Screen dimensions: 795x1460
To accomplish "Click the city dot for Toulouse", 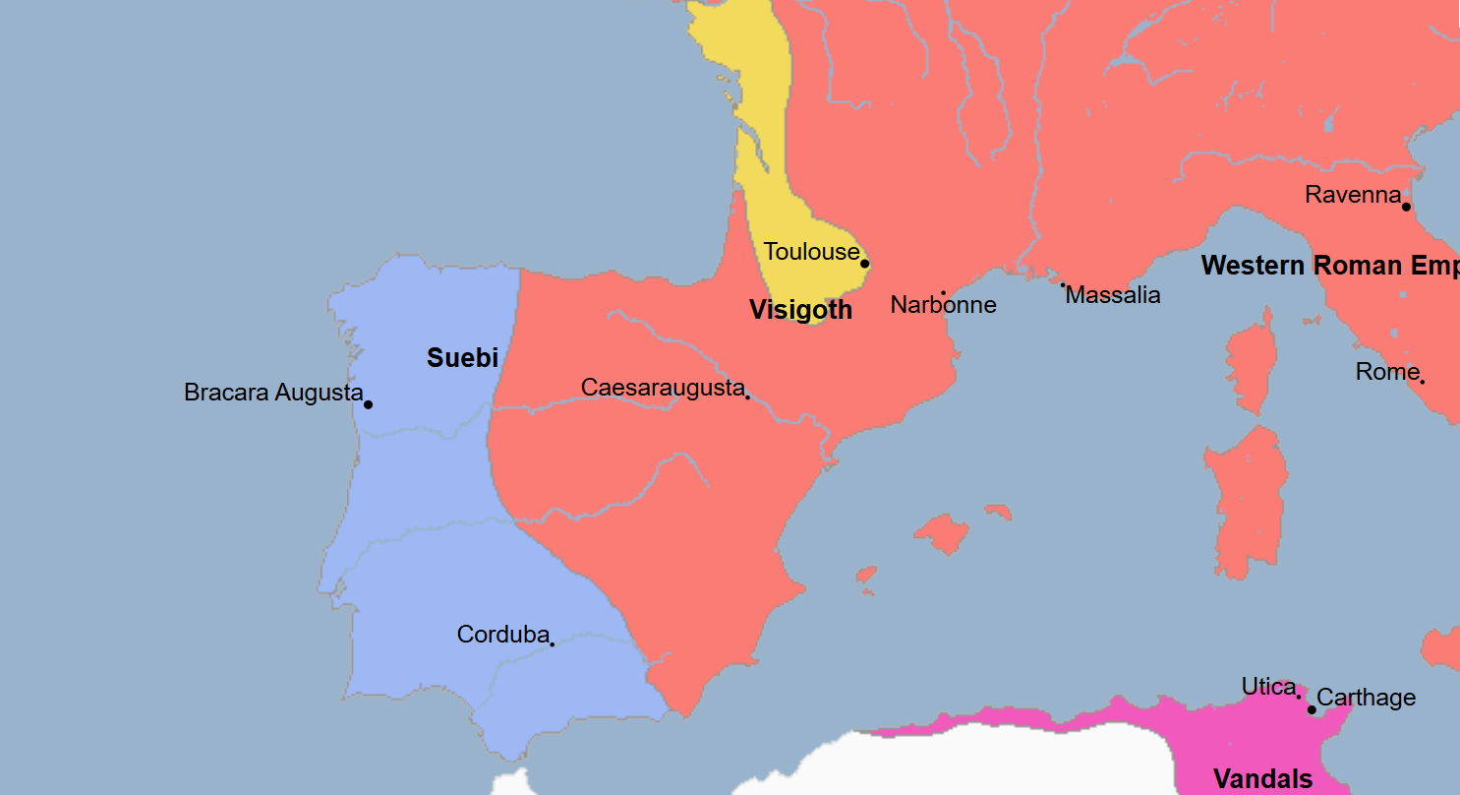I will click(865, 264).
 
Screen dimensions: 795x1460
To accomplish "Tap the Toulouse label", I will click(811, 252).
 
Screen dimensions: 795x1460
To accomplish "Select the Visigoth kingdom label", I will click(800, 311).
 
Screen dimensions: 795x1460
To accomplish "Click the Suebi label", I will click(462, 358).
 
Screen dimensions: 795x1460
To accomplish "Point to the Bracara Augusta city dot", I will click(368, 404).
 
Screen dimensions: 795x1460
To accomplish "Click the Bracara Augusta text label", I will click(273, 393).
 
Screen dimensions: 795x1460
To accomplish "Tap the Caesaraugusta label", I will click(662, 388).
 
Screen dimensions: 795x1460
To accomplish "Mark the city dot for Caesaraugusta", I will click(747, 397).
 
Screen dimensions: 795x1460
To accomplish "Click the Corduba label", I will click(502, 636).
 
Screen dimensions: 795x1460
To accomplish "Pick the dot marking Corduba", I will click(552, 644).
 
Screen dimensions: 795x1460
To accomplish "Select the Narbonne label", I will click(943, 305).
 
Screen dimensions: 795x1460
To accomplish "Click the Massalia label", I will click(1113, 295).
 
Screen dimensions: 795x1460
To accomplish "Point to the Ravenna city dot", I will click(1406, 207).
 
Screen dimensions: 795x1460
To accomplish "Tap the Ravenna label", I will click(1352, 195).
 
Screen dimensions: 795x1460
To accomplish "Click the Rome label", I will click(1386, 372).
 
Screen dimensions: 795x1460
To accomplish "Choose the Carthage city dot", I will click(1312, 709).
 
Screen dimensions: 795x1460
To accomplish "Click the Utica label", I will click(1268, 687).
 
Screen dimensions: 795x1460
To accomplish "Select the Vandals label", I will click(1262, 779).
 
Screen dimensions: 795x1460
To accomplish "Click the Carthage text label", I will click(1366, 698).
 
